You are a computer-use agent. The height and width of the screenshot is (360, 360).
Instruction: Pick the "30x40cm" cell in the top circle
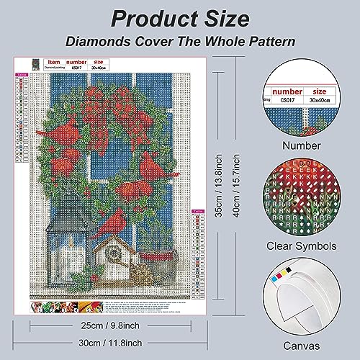(x=315, y=101)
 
